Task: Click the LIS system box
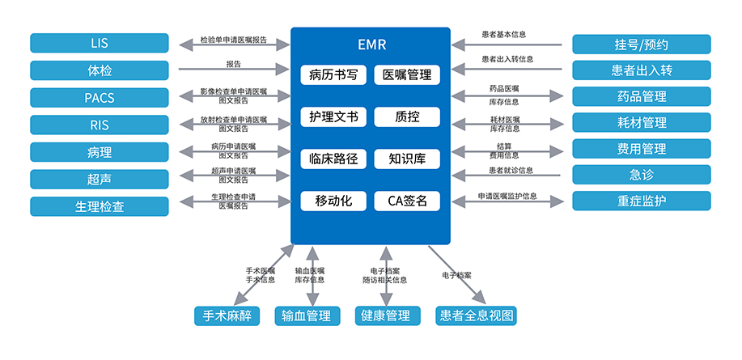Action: click(x=100, y=43)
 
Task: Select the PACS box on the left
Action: click(x=100, y=98)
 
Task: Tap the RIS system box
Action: click(x=100, y=125)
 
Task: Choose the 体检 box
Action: click(x=100, y=70)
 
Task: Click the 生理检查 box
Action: click(x=100, y=206)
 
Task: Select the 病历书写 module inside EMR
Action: click(x=333, y=75)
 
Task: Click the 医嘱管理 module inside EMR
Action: click(x=407, y=75)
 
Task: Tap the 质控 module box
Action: click(x=407, y=117)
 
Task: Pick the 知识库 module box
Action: click(x=407, y=159)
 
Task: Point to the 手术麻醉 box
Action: click(x=227, y=316)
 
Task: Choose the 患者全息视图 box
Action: click(x=475, y=316)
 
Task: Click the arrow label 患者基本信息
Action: click(x=503, y=35)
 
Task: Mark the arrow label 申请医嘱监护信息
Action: click(x=507, y=196)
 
